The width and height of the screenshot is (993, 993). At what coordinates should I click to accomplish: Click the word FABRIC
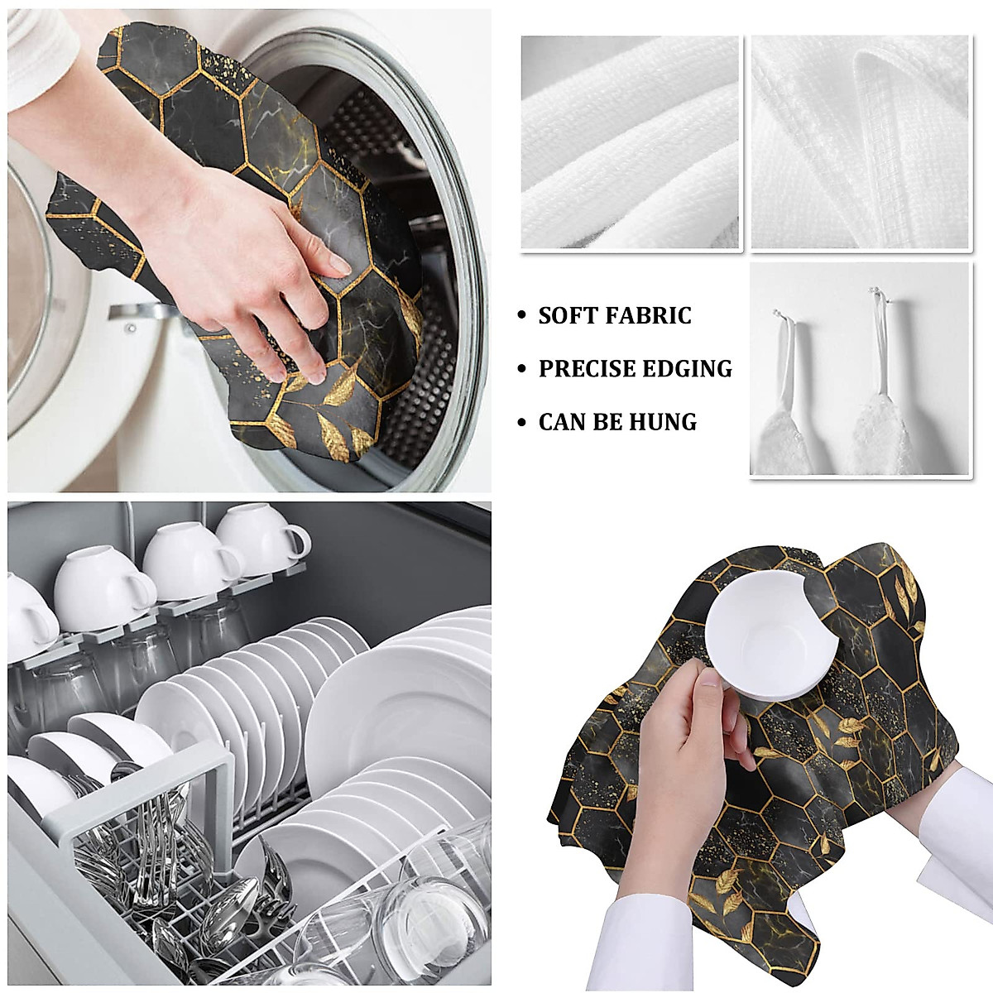point(650,315)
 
